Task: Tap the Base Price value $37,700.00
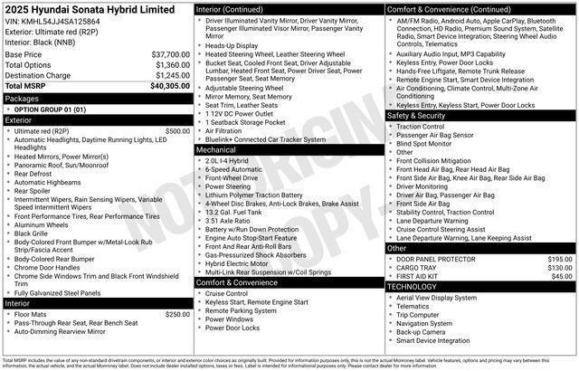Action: point(170,55)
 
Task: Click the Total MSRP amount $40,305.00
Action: point(170,86)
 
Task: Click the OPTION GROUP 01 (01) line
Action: point(49,109)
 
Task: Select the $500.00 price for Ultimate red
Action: point(177,131)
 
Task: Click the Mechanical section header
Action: point(217,150)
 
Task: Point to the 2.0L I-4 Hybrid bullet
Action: point(227,161)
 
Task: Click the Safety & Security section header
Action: point(416,116)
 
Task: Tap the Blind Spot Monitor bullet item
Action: point(425,143)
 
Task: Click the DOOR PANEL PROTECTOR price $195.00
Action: point(560,259)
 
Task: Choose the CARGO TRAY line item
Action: point(416,268)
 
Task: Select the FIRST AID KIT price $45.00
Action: point(562,276)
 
